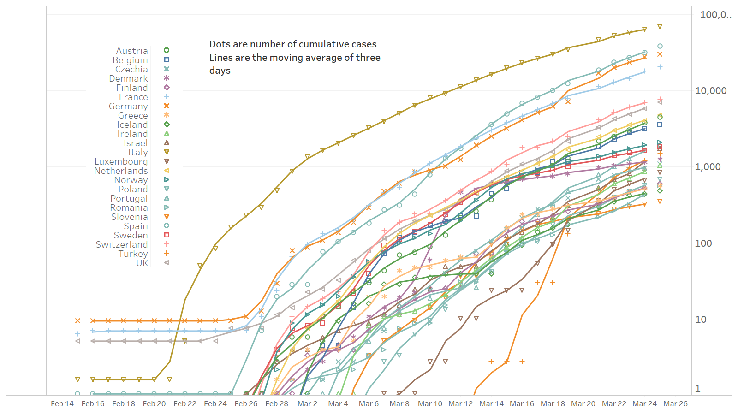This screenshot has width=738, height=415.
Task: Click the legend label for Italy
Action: (x=138, y=152)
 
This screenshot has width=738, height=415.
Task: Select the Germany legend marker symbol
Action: (x=167, y=106)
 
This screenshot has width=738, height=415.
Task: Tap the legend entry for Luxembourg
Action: (x=121, y=161)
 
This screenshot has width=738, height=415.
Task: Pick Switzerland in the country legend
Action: (x=122, y=244)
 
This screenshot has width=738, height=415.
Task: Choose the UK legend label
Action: (x=142, y=263)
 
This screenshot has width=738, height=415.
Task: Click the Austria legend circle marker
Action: (x=167, y=51)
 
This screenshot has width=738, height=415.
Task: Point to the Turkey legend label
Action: (x=133, y=254)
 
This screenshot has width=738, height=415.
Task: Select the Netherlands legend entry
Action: (x=121, y=171)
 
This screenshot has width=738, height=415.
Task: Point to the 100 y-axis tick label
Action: (x=703, y=243)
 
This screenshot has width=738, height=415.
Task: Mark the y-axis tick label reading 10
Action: (x=701, y=319)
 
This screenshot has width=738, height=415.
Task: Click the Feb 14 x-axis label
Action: (x=62, y=404)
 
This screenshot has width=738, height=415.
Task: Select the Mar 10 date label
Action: (x=430, y=404)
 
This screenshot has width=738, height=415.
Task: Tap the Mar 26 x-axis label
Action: (x=675, y=404)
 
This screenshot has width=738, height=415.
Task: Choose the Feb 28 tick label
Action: (x=277, y=404)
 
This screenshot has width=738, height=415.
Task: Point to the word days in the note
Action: (x=220, y=71)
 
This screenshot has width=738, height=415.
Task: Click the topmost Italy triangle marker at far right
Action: (x=660, y=27)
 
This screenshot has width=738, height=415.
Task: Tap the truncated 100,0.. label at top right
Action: (x=715, y=15)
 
